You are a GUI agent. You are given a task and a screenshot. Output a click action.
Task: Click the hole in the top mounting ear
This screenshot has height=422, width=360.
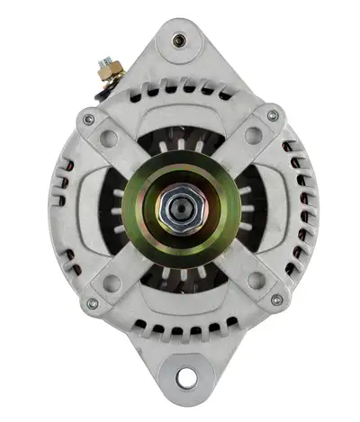(x=180, y=40)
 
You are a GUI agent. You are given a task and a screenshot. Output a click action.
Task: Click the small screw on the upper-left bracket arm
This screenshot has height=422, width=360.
(x=88, y=120)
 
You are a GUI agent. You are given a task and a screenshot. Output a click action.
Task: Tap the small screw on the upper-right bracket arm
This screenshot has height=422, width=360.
(x=273, y=116)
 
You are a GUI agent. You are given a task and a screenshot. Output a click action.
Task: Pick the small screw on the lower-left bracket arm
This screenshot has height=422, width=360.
(x=91, y=303)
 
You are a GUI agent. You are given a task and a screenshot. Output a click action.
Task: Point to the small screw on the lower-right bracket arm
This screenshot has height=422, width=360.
(x=276, y=300)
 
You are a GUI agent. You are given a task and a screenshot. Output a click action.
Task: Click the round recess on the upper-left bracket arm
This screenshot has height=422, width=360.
(x=110, y=138)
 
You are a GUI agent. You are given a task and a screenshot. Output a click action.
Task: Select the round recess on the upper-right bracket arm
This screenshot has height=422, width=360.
(x=253, y=136)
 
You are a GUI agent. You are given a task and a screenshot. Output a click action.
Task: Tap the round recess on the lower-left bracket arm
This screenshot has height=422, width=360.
(x=112, y=283)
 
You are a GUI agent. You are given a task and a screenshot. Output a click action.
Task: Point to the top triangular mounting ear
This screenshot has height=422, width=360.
(x=180, y=49)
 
